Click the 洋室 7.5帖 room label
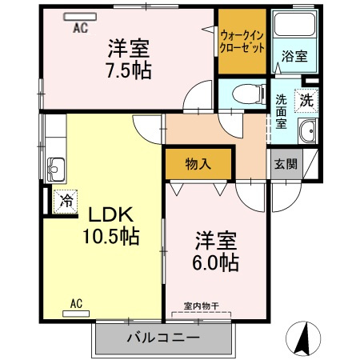(130, 58)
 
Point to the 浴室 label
(294, 57)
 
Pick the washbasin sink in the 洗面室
(306, 133)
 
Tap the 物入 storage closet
(198, 164)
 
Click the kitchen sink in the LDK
(55, 169)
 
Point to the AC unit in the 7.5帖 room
(80, 17)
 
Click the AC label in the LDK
(77, 303)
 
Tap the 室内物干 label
(201, 306)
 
